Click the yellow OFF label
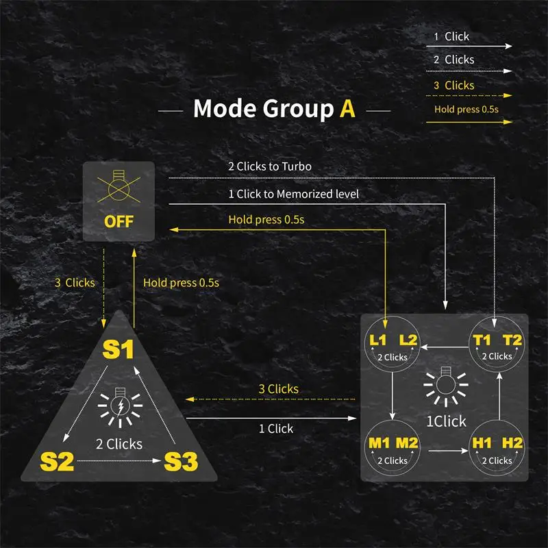pyautogui.click(x=119, y=222)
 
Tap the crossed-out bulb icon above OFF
pyautogui.click(x=119, y=188)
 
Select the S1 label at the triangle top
pyautogui.click(x=118, y=349)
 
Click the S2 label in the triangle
pyautogui.click(x=57, y=461)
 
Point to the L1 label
pyautogui.click(x=377, y=340)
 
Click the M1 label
pyautogui.click(x=377, y=443)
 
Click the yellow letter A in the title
pyautogui.click(x=348, y=109)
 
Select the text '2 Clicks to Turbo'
pyautogui.click(x=270, y=166)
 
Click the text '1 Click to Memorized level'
pyautogui.click(x=293, y=194)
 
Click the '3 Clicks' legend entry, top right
pyautogui.click(x=453, y=86)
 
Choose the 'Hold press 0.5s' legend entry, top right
pyautogui.click(x=466, y=110)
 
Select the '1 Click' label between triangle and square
pyautogui.click(x=275, y=429)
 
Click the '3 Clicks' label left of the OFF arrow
pyautogui.click(x=75, y=282)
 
